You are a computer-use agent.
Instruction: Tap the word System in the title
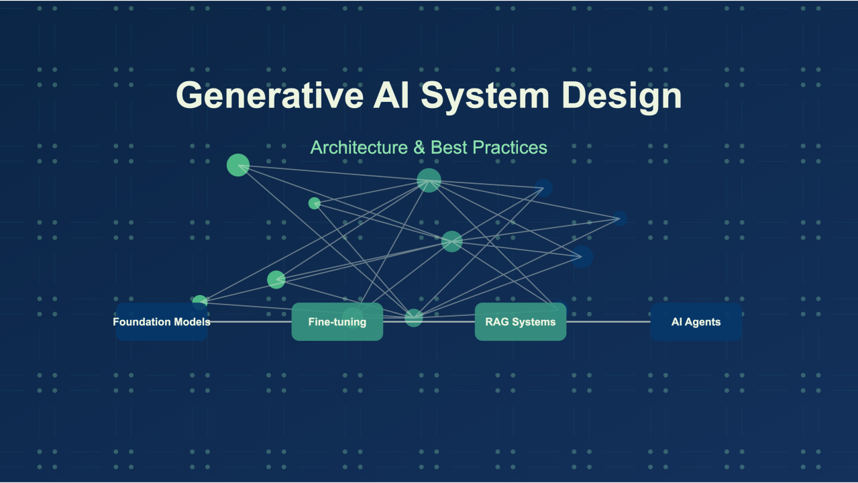[484, 95]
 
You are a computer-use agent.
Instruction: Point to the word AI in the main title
[390, 95]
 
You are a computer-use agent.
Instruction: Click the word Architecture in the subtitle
[359, 148]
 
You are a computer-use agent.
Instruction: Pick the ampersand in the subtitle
[419, 148]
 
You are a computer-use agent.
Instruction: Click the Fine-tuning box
[337, 322]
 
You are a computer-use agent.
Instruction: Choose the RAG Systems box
[521, 322]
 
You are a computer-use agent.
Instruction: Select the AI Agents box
[696, 322]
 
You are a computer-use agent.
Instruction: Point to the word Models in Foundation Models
[192, 322]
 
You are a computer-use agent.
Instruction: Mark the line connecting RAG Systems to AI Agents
[608, 322]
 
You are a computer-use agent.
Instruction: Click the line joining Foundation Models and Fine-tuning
[250, 322]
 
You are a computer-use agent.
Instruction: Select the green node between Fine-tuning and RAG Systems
[414, 318]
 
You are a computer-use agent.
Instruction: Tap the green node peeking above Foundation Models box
[200, 300]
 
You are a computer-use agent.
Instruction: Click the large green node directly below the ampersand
[429, 180]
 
